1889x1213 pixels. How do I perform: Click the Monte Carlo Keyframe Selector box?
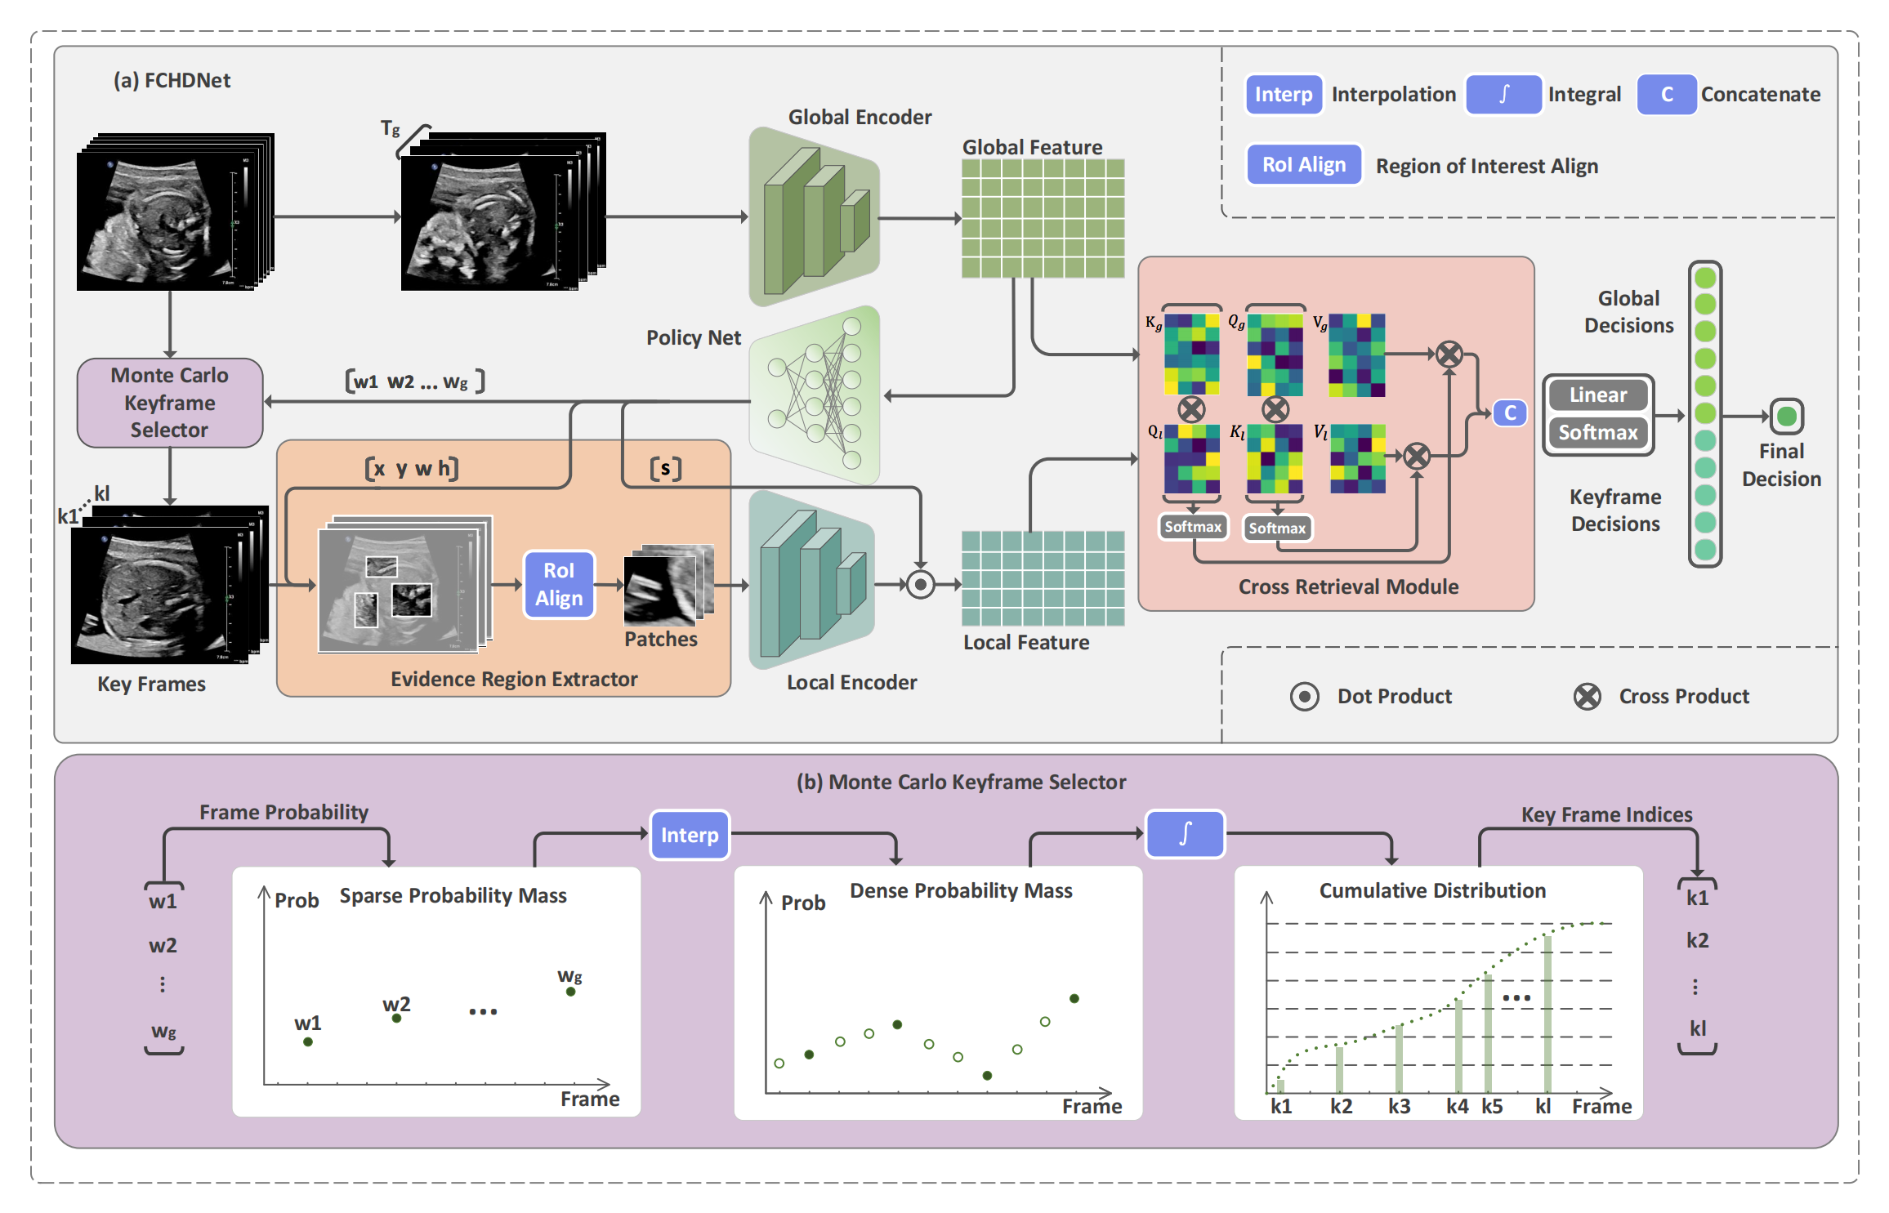[170, 403]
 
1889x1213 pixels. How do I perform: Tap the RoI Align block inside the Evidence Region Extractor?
[559, 584]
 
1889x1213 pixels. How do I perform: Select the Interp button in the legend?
[1284, 95]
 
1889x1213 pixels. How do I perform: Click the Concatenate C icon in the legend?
[1667, 95]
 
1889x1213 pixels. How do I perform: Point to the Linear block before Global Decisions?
[1597, 395]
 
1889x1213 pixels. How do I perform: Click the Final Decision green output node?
[1786, 417]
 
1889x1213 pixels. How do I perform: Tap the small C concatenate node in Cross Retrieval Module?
[1510, 413]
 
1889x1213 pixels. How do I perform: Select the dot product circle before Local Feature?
[921, 585]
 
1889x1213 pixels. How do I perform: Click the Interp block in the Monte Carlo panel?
[690, 835]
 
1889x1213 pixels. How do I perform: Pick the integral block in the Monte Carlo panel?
[1185, 834]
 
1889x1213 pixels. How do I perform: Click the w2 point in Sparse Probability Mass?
[396, 1018]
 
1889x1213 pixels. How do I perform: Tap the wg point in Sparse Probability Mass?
[570, 992]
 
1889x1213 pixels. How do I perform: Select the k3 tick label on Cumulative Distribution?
[1399, 1107]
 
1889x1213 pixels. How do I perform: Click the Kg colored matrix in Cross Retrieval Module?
[1192, 355]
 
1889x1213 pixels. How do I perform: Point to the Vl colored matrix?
[1357, 458]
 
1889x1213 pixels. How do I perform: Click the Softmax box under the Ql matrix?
[1193, 527]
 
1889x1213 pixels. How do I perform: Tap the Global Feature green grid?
[1043, 219]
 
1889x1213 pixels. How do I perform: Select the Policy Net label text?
[693, 338]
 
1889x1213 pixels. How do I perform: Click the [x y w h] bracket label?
[412, 469]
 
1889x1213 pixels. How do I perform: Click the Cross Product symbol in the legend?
[1587, 697]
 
